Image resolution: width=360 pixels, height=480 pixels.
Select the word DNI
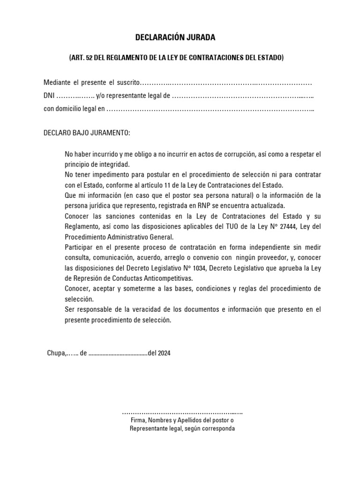49,96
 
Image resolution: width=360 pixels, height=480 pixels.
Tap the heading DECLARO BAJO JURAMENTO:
87,133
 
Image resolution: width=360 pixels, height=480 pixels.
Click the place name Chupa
55,353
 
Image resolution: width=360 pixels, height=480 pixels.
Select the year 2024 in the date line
165,353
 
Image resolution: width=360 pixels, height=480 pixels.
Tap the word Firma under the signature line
138,420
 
